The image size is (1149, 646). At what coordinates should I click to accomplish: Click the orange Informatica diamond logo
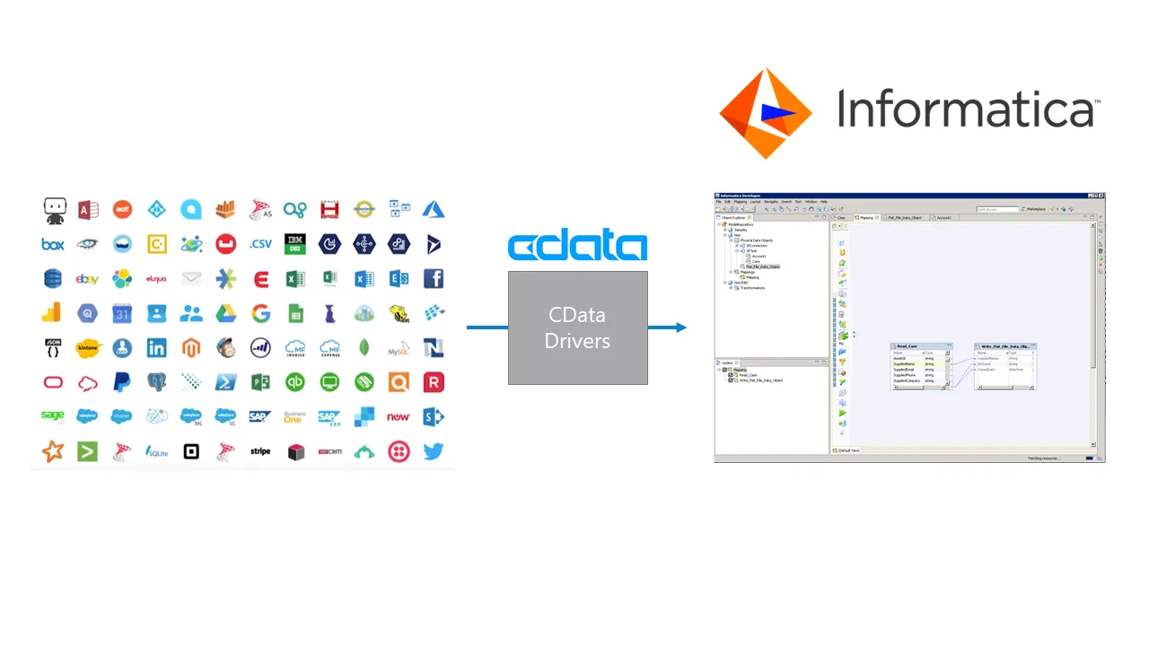click(765, 113)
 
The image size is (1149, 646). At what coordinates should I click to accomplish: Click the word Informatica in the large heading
click(965, 109)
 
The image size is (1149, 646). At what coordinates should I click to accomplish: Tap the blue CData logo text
click(577, 247)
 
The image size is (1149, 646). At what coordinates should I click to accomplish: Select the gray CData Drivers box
click(577, 327)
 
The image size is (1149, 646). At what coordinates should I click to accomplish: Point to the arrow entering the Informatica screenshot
click(669, 327)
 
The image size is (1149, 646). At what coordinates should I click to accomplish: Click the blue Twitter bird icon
click(434, 451)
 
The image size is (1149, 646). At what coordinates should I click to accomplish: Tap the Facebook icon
click(434, 279)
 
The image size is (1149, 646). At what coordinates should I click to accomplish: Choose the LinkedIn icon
click(157, 348)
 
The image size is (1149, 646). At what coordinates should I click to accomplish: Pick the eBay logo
click(87, 279)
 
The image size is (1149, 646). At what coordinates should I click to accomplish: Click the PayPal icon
click(122, 382)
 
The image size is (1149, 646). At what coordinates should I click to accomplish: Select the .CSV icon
click(260, 244)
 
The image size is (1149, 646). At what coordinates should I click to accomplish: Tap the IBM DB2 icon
click(295, 244)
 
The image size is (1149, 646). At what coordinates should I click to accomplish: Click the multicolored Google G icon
click(260, 313)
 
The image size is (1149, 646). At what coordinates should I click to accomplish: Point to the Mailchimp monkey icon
click(226, 348)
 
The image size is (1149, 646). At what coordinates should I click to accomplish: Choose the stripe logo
click(260, 451)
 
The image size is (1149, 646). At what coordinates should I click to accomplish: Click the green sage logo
click(53, 416)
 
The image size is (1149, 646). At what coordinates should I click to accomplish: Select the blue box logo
click(53, 244)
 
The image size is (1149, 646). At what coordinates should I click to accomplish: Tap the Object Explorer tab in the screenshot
click(733, 217)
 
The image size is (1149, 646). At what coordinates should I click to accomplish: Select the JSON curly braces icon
click(53, 348)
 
